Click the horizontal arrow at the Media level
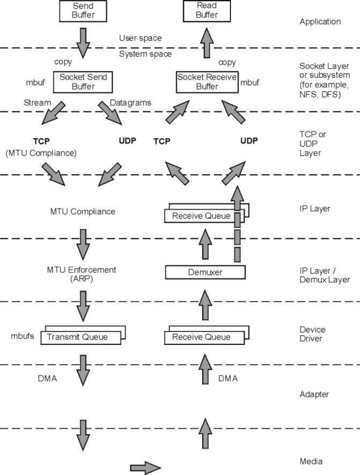pos(146,467)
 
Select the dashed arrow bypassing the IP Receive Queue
pos(237,224)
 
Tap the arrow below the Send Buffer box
pos(83,44)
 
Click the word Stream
pos(37,103)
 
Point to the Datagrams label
pos(131,103)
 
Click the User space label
pos(140,38)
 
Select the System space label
pos(146,54)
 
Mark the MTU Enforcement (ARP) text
pos(82,274)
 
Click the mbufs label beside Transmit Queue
pos(23,336)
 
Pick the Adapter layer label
pos(314,394)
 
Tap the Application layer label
pos(320,21)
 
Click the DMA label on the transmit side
pos(47,378)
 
